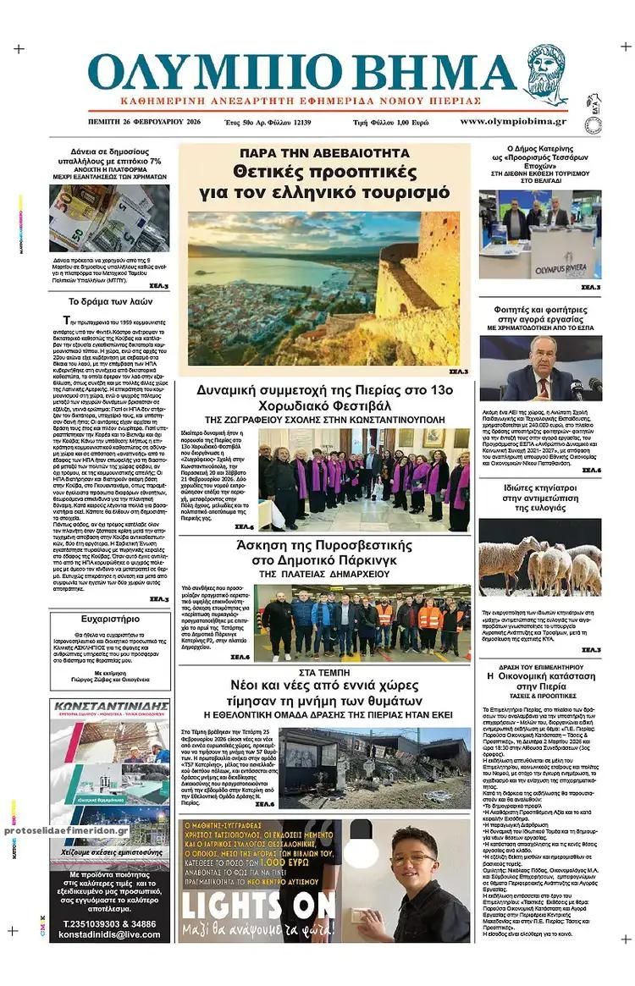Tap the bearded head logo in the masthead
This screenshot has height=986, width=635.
[x=546, y=74]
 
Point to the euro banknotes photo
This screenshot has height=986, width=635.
[x=108, y=218]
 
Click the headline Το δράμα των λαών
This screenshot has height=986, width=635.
[x=108, y=301]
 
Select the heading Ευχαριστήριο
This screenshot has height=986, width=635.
[x=105, y=619]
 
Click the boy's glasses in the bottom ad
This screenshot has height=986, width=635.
[x=412, y=860]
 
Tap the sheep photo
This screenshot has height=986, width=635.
[x=540, y=558]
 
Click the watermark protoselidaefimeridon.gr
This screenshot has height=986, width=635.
[x=66, y=831]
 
